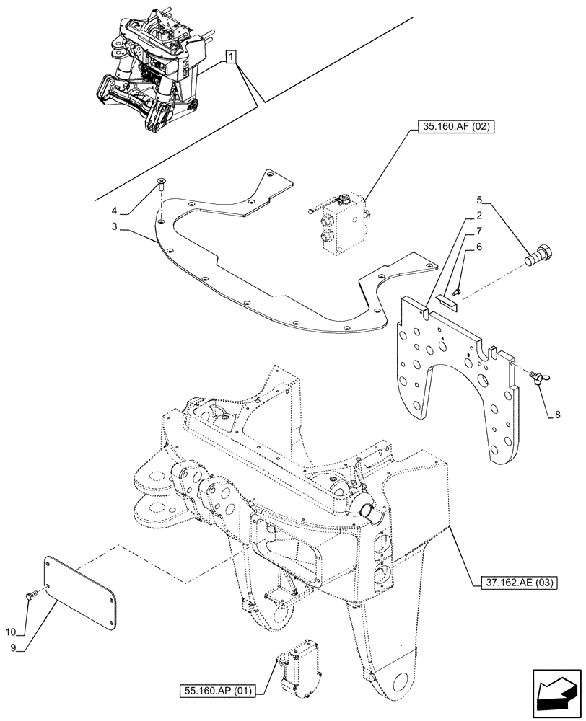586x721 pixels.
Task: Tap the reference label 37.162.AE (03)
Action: [x=517, y=583]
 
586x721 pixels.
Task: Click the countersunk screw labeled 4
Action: [x=161, y=186]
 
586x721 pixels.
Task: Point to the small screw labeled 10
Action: [x=30, y=596]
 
